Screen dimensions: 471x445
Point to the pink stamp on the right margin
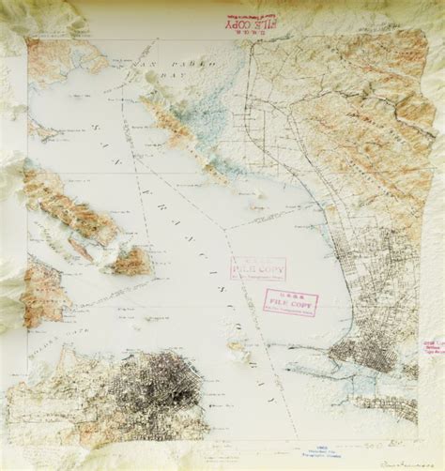(433, 348)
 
